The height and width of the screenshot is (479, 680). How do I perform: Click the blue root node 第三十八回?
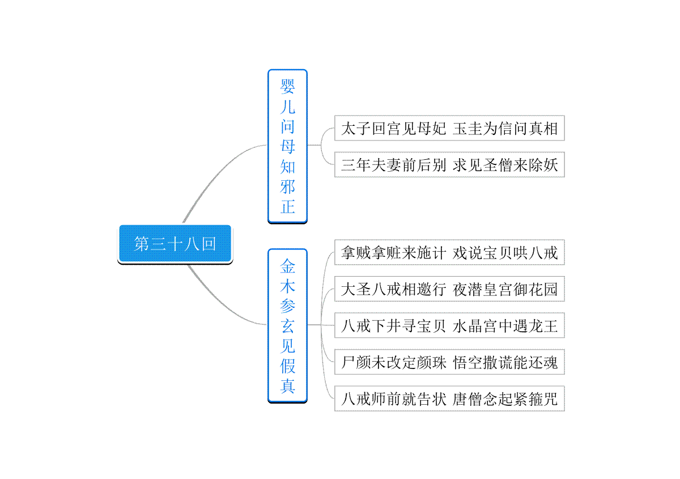[x=175, y=244]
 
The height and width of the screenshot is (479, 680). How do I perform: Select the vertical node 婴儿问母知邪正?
[x=287, y=146]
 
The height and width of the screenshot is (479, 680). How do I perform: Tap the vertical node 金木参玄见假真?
[x=287, y=326]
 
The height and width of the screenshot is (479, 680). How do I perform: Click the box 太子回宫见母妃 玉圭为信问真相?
[x=449, y=128]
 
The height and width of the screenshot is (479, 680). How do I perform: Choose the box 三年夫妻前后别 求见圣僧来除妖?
[x=449, y=164]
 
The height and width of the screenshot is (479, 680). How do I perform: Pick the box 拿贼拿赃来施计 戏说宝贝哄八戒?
[x=449, y=252]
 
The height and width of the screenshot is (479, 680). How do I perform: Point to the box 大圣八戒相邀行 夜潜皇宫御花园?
[x=449, y=289]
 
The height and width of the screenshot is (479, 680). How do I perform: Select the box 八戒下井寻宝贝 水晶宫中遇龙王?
[x=449, y=325]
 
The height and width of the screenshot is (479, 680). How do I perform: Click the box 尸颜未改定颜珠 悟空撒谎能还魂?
[x=449, y=362]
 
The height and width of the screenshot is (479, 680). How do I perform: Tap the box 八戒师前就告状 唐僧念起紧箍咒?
[x=449, y=399]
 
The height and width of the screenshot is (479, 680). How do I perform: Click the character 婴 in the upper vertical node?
[x=287, y=86]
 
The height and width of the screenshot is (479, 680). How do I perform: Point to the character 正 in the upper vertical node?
[x=287, y=206]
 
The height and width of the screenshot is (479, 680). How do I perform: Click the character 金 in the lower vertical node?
[x=287, y=266]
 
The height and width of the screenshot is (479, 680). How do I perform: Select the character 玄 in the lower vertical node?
[x=287, y=326]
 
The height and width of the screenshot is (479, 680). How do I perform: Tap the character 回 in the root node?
[x=209, y=244]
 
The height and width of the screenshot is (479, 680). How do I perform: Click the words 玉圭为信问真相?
[x=505, y=128]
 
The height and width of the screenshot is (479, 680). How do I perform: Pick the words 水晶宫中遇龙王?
[x=505, y=325]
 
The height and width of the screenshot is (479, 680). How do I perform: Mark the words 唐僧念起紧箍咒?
[x=505, y=399]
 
